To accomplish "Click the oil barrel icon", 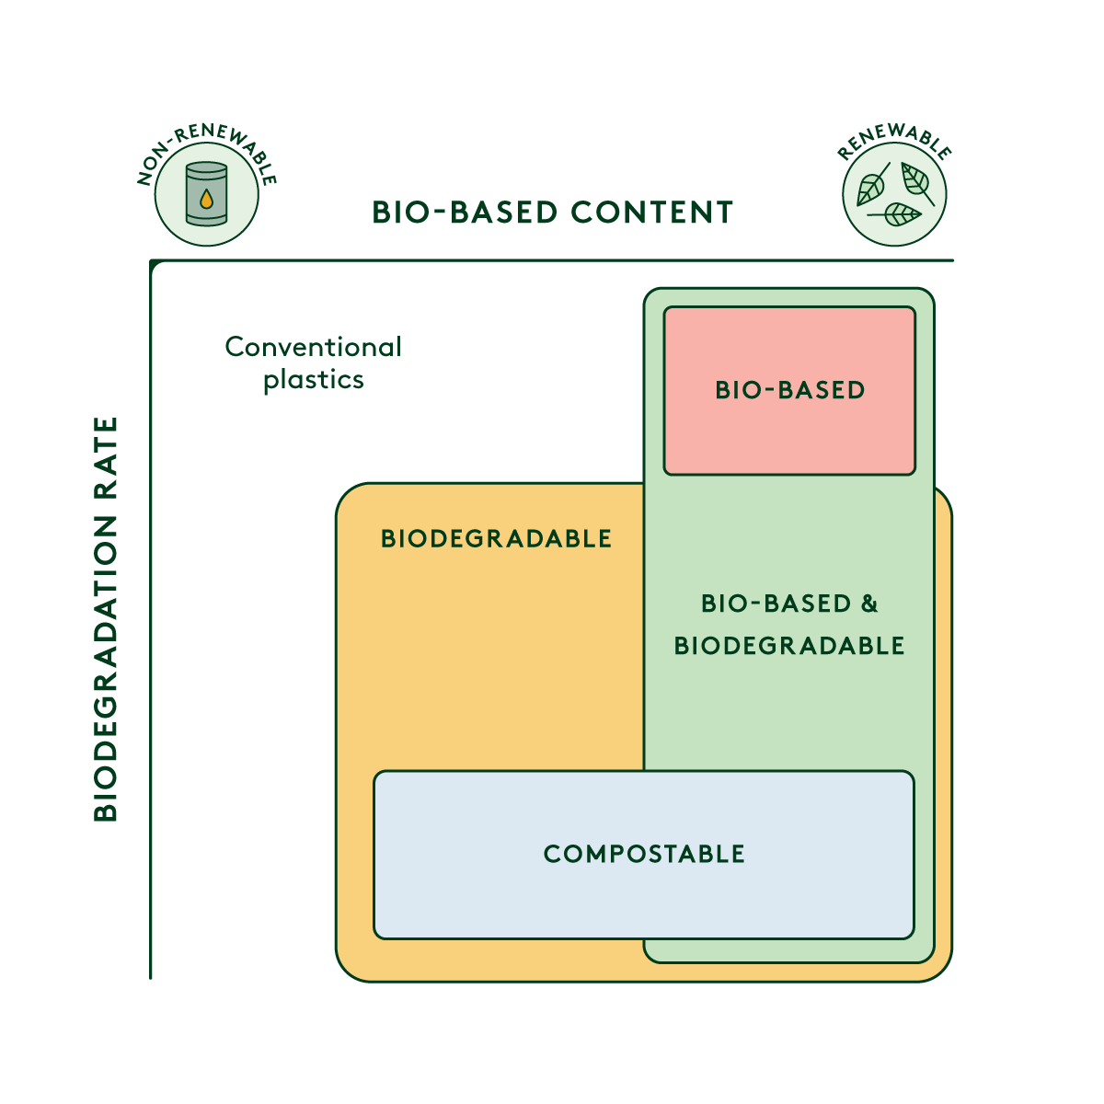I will click(206, 194).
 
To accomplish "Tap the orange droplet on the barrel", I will click(206, 198).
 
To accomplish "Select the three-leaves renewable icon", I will click(894, 194).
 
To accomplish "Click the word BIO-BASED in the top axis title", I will click(465, 213).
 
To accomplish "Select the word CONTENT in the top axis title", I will click(651, 213).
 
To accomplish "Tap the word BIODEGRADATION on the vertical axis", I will click(107, 668).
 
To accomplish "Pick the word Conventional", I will click(313, 347).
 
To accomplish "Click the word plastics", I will click(313, 380).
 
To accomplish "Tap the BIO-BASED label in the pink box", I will click(790, 390).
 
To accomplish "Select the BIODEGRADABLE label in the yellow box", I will click(496, 538).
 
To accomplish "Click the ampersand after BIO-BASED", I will click(869, 604).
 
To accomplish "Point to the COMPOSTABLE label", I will click(644, 854).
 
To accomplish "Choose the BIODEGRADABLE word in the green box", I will click(789, 646).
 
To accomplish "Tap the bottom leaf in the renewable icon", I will click(896, 215).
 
